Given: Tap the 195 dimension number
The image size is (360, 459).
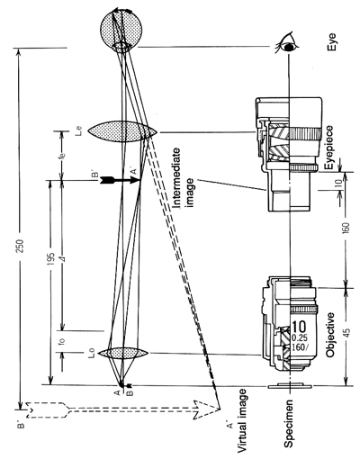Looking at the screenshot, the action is pyautogui.click(x=51, y=259).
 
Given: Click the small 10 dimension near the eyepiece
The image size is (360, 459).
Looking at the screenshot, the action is pyautogui.click(x=338, y=183).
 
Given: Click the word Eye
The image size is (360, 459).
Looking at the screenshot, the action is pyautogui.click(x=331, y=42).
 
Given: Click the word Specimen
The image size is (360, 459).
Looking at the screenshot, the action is pyautogui.click(x=289, y=423).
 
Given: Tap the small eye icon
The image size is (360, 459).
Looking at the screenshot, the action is pyautogui.click(x=287, y=42).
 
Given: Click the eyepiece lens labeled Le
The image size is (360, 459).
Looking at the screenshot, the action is pyautogui.click(x=122, y=131).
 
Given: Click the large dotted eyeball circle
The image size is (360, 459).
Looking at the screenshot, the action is pyautogui.click(x=121, y=30).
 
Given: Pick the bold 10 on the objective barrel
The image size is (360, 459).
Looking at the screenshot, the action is pyautogui.click(x=300, y=327).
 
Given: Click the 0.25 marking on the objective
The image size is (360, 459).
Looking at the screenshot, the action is pyautogui.click(x=300, y=337).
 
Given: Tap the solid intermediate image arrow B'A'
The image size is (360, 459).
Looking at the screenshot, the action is pyautogui.click(x=120, y=180).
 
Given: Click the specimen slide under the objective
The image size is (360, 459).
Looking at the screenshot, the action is pyautogui.click(x=291, y=386).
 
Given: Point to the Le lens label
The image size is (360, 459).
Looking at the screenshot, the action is pyautogui.click(x=79, y=131).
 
